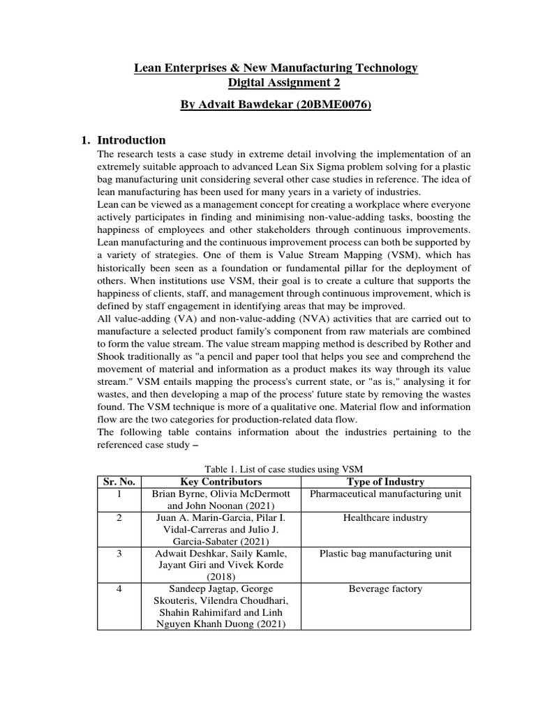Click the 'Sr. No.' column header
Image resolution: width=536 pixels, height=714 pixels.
pos(119,482)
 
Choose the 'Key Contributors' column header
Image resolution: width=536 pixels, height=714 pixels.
pos(221,482)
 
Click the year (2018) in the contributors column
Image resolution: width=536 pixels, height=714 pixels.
pos(221,577)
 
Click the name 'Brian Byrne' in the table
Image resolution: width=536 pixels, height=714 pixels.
pos(177,494)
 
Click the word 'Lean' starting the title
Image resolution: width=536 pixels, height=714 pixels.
pos(147,68)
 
